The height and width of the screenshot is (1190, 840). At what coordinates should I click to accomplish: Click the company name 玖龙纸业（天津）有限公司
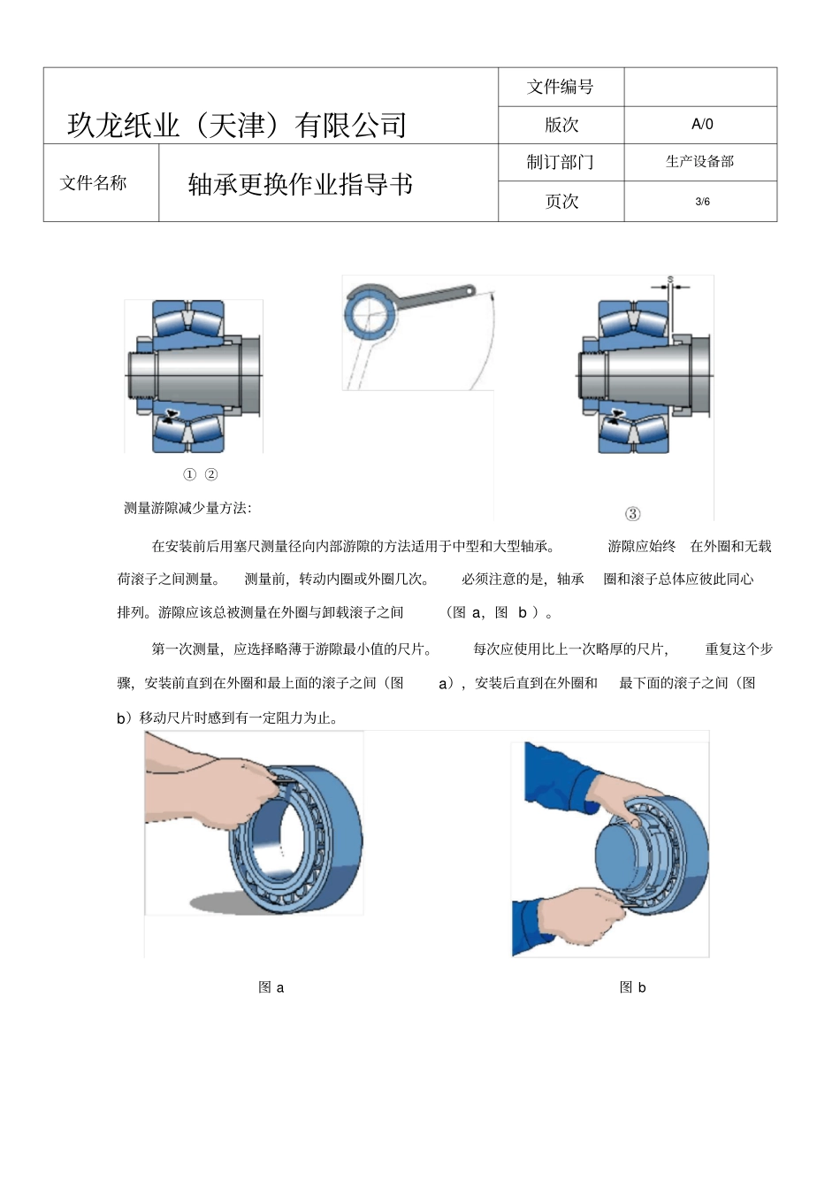point(237,125)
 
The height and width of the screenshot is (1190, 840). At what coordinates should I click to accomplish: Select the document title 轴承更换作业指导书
point(301,184)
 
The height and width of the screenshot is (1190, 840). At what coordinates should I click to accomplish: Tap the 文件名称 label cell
point(93,183)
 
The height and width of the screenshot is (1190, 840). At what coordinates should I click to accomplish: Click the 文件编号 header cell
point(561,87)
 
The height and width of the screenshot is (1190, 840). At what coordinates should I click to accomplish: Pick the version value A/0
point(702,125)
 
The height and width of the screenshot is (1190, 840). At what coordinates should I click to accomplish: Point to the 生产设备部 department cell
point(699,161)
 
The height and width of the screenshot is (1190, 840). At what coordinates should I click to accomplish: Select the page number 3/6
point(702,202)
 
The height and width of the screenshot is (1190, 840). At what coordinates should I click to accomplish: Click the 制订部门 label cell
point(561,162)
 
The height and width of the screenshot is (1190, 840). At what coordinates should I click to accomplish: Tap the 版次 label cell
point(561,125)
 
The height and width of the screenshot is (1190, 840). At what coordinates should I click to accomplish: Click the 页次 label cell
point(561,202)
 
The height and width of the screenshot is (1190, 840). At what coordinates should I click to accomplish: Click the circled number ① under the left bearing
point(189,474)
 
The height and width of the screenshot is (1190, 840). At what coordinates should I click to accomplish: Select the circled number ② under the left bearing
point(211,474)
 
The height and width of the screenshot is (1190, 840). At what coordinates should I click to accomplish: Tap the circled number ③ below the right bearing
point(632,514)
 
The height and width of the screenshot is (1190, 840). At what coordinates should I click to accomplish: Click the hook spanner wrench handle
point(433,297)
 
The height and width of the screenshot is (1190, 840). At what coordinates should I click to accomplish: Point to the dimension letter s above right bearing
point(670,280)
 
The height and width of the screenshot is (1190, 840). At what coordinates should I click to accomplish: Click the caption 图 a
point(271,987)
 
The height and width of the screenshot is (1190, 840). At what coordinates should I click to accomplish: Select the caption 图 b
point(632,987)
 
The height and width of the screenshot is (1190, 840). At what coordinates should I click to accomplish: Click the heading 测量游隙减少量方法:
point(187,508)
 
